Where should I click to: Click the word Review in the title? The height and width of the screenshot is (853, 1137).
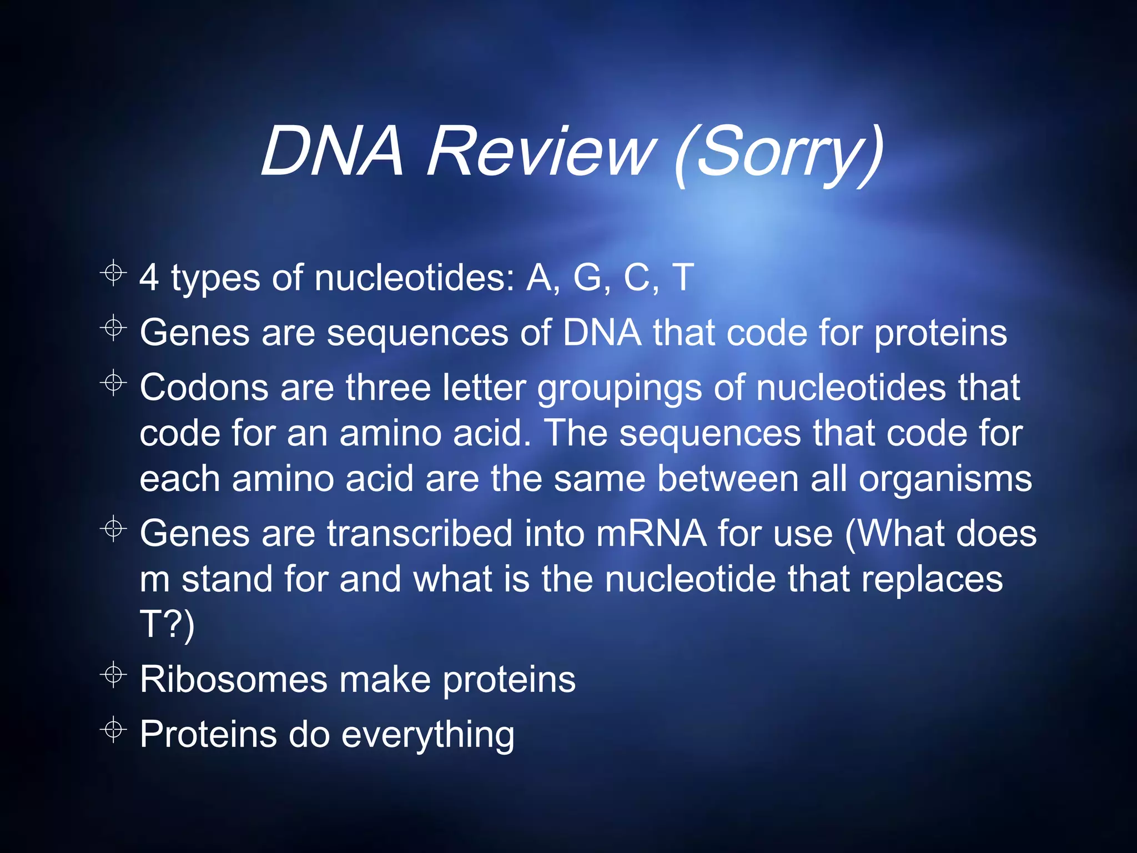[x=541, y=151]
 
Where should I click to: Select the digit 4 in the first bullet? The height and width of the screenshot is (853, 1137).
[x=149, y=277]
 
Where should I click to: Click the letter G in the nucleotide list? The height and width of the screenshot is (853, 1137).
[x=588, y=277]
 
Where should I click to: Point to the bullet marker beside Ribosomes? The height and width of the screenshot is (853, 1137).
[x=113, y=675]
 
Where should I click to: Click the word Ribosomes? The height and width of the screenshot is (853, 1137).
[x=234, y=679]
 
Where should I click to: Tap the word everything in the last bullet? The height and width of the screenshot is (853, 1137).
[x=427, y=735]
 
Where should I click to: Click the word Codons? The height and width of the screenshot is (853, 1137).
[x=204, y=387]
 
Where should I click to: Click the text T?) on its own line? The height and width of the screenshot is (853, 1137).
[x=167, y=625]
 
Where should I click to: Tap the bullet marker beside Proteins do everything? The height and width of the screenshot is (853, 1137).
[x=113, y=729]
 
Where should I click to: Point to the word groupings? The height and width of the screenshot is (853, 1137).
[x=620, y=388]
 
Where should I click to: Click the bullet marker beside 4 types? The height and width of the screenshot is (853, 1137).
[x=113, y=273]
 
